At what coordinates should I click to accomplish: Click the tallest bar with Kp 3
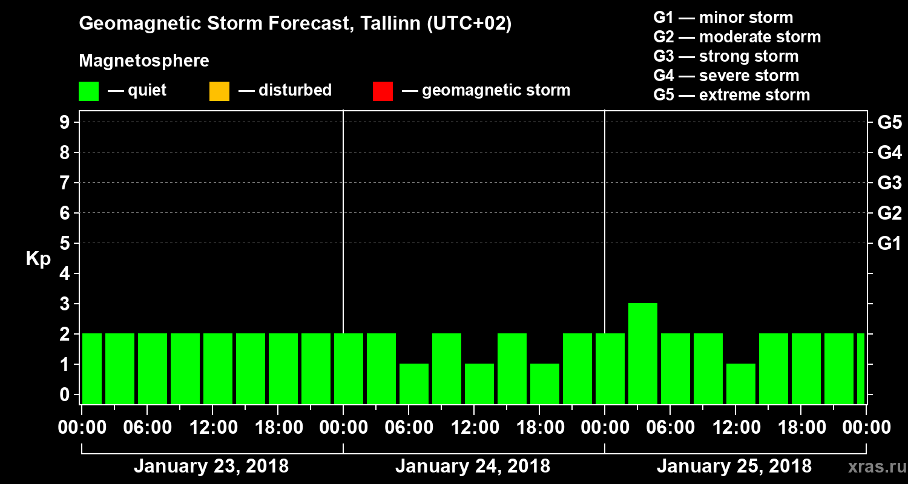coord(643,353)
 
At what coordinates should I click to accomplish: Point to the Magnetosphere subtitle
coord(144,61)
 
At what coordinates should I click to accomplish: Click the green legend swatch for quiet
coord(88,91)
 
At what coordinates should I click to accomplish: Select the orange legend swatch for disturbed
coord(219,91)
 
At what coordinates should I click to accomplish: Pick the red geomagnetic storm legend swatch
coord(383,91)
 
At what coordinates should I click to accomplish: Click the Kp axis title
coord(38,259)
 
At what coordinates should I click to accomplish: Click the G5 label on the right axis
coord(889,122)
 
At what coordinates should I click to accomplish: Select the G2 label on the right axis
coord(889,213)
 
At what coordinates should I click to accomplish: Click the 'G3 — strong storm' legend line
coord(726,56)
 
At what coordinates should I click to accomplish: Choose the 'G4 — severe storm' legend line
coord(726,76)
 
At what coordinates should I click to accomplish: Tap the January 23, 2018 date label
coord(211,466)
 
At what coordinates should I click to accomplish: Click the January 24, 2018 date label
coord(473,466)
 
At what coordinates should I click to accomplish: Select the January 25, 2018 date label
coord(734,466)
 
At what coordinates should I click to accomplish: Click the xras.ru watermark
coord(873,468)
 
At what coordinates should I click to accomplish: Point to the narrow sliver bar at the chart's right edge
coord(861,368)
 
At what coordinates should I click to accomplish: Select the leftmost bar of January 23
coord(92,368)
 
